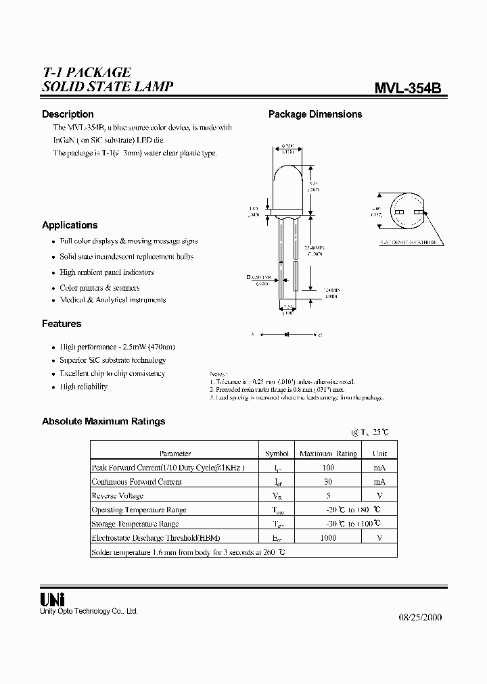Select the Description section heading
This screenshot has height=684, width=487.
coord(68,114)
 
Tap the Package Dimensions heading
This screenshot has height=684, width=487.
coord(315,114)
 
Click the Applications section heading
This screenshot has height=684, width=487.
coord(70,225)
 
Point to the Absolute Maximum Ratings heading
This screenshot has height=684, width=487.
coord(103,421)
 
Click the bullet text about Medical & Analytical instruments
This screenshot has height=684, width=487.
coord(113,300)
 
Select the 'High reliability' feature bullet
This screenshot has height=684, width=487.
coord(83,387)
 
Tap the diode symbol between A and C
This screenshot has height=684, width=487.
coord(286,334)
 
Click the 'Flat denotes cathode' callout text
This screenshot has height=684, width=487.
coord(408,242)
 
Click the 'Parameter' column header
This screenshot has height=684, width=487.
coord(175,454)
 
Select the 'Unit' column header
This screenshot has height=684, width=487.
coord(379,454)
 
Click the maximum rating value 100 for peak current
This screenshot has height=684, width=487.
coord(328,468)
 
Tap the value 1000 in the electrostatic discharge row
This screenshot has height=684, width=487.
coord(328,538)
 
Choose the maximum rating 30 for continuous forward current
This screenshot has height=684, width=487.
coord(328,482)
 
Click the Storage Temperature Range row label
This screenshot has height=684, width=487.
coord(135,524)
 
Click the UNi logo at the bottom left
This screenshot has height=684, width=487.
coord(53,599)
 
